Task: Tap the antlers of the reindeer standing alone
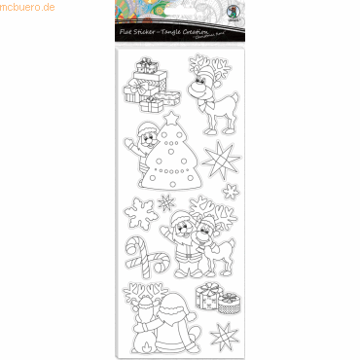click(x=215, y=67)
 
